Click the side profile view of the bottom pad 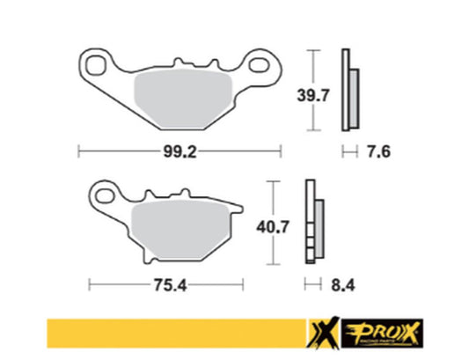312,224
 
